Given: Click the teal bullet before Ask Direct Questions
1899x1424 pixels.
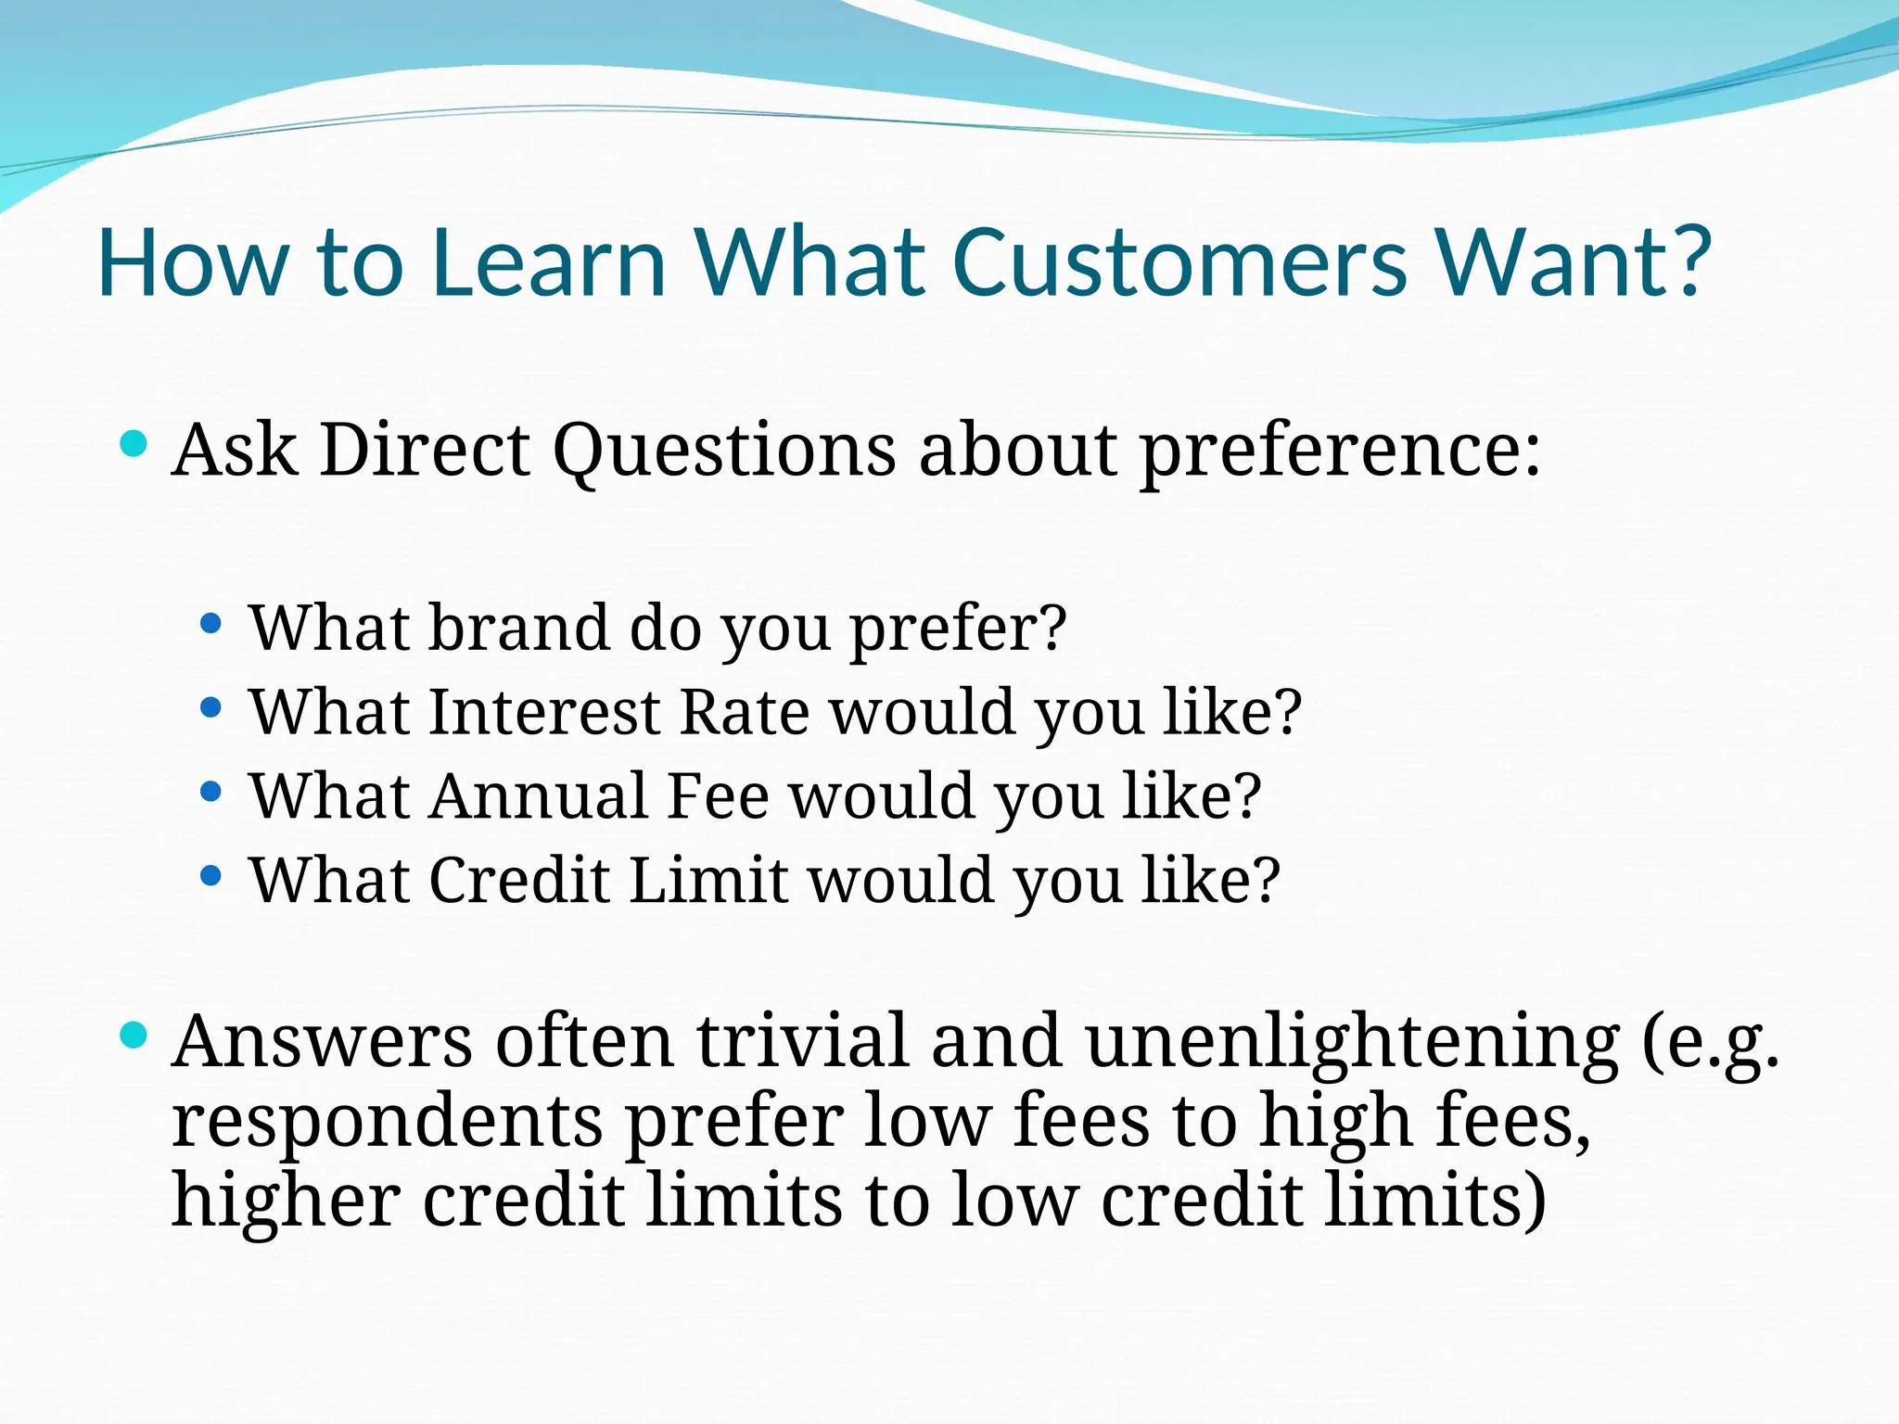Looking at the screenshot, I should [x=134, y=443].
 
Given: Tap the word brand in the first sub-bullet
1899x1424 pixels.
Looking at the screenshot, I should [x=519, y=629].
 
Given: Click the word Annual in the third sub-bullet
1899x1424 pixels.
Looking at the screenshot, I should [x=537, y=796].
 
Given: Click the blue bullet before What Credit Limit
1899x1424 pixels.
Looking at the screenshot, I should [x=211, y=875].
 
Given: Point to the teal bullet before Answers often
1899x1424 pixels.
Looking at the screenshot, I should [x=134, y=1035].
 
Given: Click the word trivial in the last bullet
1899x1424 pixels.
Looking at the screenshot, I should [x=802, y=1041].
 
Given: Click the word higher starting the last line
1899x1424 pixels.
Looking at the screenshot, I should [x=287, y=1201].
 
